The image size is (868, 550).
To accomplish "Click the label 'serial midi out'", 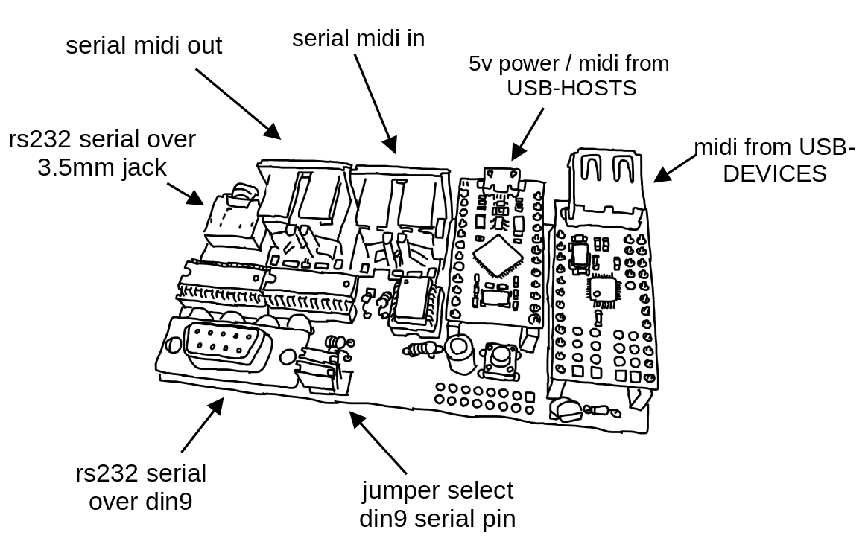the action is click(x=143, y=45).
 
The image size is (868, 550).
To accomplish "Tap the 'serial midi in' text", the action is click(x=358, y=39).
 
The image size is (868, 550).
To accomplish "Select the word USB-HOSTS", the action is click(x=572, y=88).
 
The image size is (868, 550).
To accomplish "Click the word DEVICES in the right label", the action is click(x=774, y=173).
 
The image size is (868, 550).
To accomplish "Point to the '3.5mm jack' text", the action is click(x=102, y=167).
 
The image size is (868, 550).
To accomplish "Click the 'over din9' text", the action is click(x=141, y=502).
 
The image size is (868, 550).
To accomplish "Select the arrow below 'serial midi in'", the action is click(x=376, y=103).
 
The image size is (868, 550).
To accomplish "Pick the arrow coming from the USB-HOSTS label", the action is click(x=527, y=134).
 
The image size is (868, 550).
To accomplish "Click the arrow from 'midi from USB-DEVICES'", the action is click(x=675, y=168).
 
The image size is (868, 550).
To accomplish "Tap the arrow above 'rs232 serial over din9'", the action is click(x=203, y=424).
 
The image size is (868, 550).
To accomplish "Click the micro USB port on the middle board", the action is click(x=502, y=179).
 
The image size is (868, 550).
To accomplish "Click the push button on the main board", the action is click(x=501, y=359).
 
